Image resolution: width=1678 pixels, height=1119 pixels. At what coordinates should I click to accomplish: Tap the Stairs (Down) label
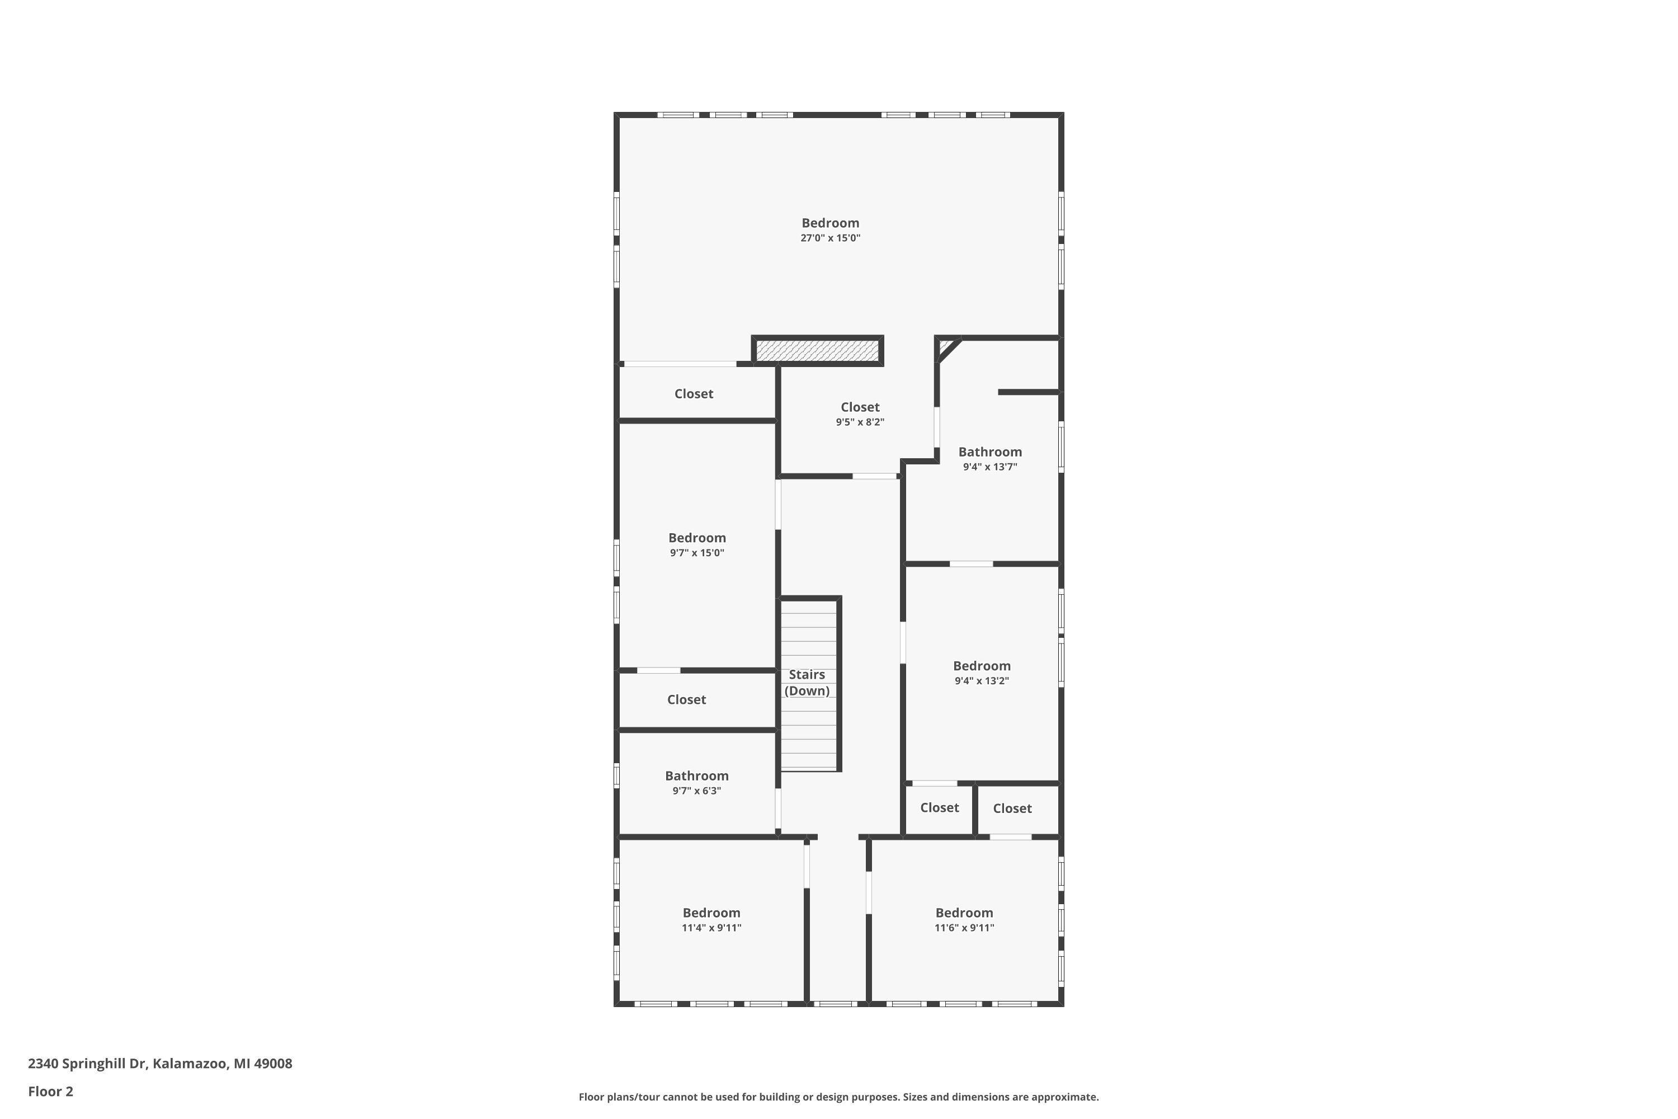[x=807, y=682]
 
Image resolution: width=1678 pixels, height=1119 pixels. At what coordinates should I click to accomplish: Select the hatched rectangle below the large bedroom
[x=818, y=350]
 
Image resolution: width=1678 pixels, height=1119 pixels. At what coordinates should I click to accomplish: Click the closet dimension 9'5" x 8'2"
[x=860, y=422]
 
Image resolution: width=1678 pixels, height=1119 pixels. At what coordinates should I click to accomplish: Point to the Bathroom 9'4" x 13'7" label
[x=989, y=452]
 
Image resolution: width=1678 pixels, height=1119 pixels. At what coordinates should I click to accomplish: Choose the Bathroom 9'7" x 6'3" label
[x=696, y=775]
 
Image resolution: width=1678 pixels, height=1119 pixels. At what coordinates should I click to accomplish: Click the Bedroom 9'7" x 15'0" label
[x=696, y=538]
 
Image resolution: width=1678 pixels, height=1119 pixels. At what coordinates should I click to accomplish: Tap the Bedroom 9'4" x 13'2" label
[x=982, y=666]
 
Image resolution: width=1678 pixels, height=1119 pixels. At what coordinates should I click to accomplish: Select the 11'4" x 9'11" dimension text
[x=711, y=928]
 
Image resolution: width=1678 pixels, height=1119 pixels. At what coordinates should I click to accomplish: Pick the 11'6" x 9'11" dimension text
[x=964, y=928]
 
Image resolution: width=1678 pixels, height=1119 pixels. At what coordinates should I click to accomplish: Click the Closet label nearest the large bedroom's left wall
[x=694, y=394]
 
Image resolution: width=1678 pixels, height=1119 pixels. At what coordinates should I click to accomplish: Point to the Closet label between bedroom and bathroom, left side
[x=686, y=700]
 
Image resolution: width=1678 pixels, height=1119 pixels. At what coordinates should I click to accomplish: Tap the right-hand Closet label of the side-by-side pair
[x=1012, y=808]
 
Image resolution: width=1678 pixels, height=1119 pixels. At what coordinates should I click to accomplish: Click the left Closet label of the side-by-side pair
[x=939, y=808]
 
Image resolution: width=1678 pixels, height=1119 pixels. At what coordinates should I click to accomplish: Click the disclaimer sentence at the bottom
[x=838, y=1097]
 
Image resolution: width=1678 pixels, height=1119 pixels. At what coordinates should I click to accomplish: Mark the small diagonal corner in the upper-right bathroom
[x=947, y=348]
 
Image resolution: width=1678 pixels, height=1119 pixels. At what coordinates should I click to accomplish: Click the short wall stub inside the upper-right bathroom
[x=1027, y=392]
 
